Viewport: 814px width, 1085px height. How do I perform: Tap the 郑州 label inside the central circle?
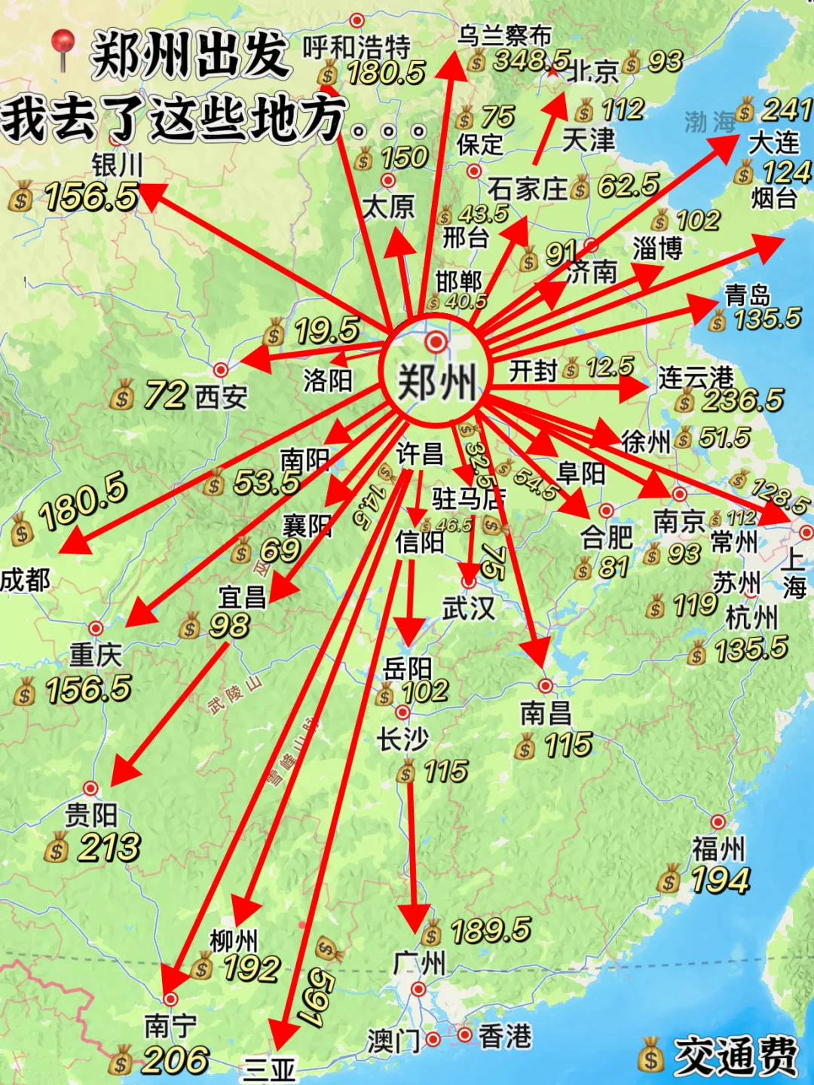coord(436,382)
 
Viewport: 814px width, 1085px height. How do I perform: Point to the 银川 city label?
coord(117,165)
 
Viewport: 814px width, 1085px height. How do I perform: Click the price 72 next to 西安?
coord(166,395)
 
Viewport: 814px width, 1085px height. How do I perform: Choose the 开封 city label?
coord(533,370)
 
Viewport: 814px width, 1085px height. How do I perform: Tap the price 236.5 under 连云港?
coord(742,400)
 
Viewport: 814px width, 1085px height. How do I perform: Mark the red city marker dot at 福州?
coord(718,821)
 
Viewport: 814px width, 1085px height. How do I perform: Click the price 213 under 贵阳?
coord(109,848)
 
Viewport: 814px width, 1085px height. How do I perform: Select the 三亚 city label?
coord(269,1069)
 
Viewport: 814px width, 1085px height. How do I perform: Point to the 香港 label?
coord(505,1037)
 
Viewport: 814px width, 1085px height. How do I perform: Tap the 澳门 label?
coord(393,1041)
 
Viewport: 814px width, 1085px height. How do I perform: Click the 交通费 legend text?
coord(735,1056)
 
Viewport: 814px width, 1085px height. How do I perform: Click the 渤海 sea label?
coord(709,121)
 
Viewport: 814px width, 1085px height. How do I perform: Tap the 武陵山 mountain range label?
coord(235,693)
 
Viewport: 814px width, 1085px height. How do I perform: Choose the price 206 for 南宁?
coord(174,1060)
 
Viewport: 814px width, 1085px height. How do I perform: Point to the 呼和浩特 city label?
coord(357,47)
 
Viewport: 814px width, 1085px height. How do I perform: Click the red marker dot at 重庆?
coord(96,628)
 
